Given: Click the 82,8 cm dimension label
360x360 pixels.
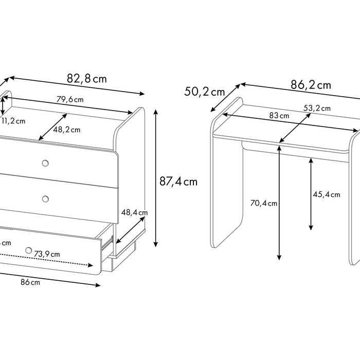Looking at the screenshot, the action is click(x=87, y=79).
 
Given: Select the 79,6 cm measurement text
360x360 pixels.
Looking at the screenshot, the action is click(x=70, y=99).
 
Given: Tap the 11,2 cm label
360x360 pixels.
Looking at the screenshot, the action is click(x=13, y=121).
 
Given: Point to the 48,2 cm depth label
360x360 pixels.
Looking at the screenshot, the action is click(x=67, y=130).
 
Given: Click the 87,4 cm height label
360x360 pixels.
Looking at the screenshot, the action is click(x=178, y=182).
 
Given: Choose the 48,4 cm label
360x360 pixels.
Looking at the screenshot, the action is click(x=134, y=212).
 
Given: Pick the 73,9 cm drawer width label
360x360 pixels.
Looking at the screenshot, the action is click(x=47, y=254).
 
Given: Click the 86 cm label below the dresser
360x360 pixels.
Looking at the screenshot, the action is click(x=30, y=282).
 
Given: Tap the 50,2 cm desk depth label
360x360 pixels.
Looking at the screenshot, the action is click(x=204, y=92).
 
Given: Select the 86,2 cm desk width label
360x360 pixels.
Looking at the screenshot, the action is click(x=311, y=85).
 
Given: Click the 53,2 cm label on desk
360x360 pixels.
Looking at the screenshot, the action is click(x=317, y=108).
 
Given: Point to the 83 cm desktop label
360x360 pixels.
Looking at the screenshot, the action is click(x=279, y=116).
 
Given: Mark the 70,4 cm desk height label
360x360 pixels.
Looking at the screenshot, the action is click(x=263, y=203).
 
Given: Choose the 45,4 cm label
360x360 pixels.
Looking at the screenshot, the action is click(x=327, y=194).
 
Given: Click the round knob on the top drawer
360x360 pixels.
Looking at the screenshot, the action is click(x=45, y=163).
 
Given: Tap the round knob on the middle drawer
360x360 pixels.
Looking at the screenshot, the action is click(x=45, y=199).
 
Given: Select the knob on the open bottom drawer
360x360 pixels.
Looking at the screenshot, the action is click(x=28, y=250).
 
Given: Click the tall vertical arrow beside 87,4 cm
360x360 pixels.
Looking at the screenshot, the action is click(x=156, y=178).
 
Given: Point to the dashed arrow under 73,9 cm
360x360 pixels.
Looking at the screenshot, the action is click(x=46, y=260).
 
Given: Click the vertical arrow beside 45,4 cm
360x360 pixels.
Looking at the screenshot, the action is click(x=311, y=194).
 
